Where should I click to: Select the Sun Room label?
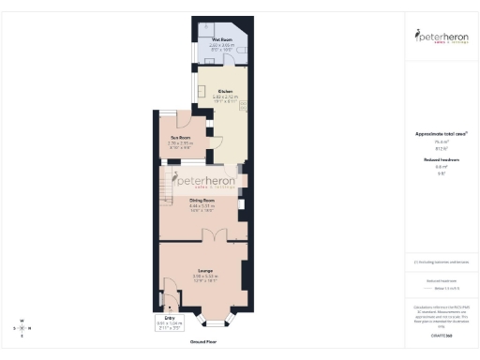[178, 137]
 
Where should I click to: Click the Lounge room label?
[204, 271]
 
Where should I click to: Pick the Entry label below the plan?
[170, 318]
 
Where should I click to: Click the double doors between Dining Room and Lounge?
[215, 234]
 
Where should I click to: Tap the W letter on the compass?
[21, 321]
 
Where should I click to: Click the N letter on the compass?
[29, 328]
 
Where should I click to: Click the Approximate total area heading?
[439, 134]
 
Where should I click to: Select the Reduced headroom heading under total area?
[439, 160]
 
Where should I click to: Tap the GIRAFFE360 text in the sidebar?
[439, 334]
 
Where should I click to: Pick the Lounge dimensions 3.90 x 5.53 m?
[204, 277]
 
